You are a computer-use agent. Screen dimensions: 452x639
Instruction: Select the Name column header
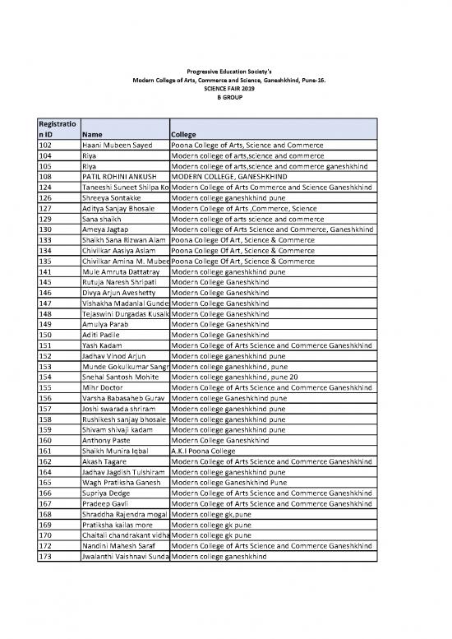click(x=92, y=135)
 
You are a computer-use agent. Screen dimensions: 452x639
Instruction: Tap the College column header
click(x=185, y=135)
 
